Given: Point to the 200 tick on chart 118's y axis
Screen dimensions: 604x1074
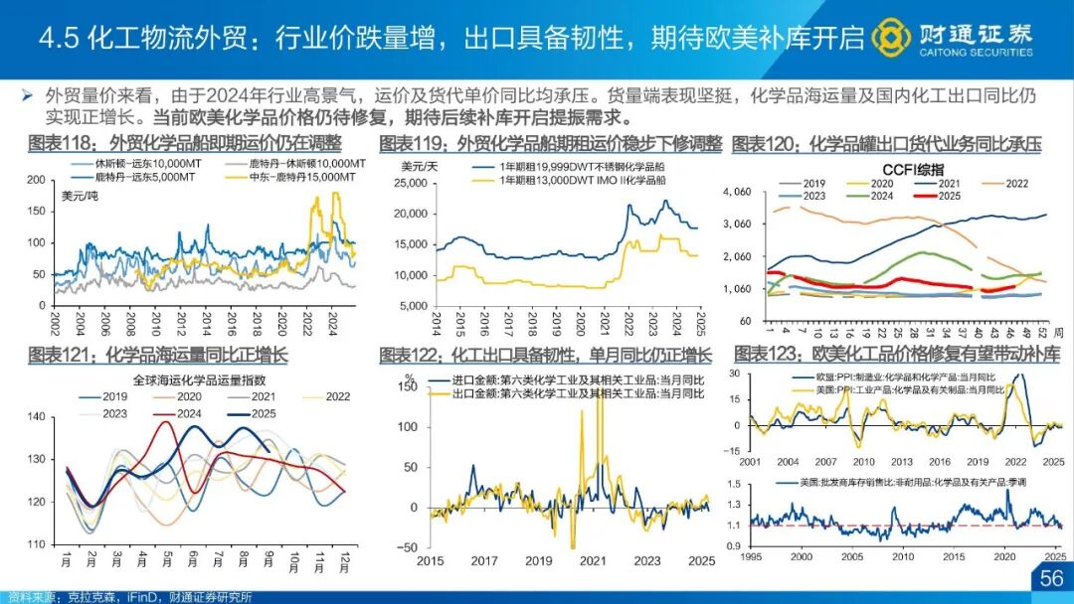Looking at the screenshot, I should tap(38, 180).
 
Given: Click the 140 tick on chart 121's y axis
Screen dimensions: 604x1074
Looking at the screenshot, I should tap(38, 417).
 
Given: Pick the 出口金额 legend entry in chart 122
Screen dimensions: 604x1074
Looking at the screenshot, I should tap(575, 393).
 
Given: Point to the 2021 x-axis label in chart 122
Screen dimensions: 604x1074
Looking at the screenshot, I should tap(594, 561).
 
